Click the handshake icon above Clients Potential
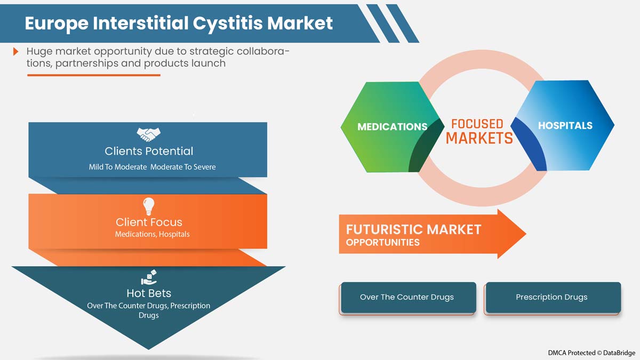click(148, 134)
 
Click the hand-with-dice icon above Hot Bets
click(148, 277)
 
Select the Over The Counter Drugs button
click(407, 297)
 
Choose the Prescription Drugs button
click(551, 297)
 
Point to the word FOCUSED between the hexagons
click(477, 124)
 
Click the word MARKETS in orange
click(479, 138)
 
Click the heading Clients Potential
click(149, 151)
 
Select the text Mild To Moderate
click(118, 167)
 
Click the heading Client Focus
click(149, 222)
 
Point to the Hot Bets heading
click(149, 293)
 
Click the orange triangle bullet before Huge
click(17, 52)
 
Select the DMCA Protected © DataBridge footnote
click(591, 353)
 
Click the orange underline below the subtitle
click(93, 75)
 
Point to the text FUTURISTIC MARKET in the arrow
click(413, 230)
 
